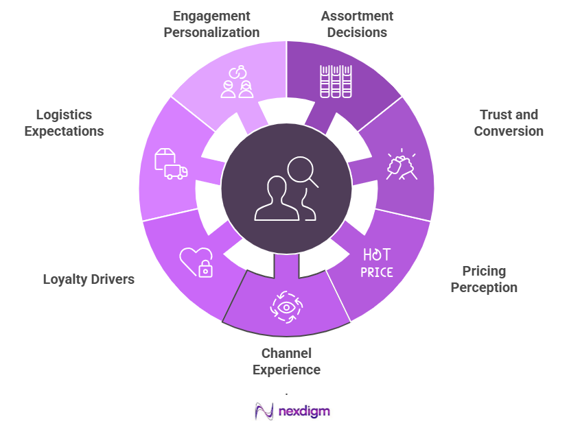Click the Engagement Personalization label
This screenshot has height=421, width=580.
[211, 24]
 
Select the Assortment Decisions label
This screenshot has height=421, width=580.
[357, 24]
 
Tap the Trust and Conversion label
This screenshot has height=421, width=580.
[509, 123]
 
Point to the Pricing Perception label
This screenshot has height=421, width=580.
[484, 279]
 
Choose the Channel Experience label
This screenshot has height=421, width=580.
[286, 361]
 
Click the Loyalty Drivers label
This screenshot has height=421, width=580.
[89, 279]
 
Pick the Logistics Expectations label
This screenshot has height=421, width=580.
[64, 123]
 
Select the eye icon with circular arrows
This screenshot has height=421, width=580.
[286, 307]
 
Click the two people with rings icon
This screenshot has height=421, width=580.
[237, 81]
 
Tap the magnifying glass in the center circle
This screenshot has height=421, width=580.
[303, 171]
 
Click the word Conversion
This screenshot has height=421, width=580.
[509, 131]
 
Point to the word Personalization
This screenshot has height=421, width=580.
[211, 32]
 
